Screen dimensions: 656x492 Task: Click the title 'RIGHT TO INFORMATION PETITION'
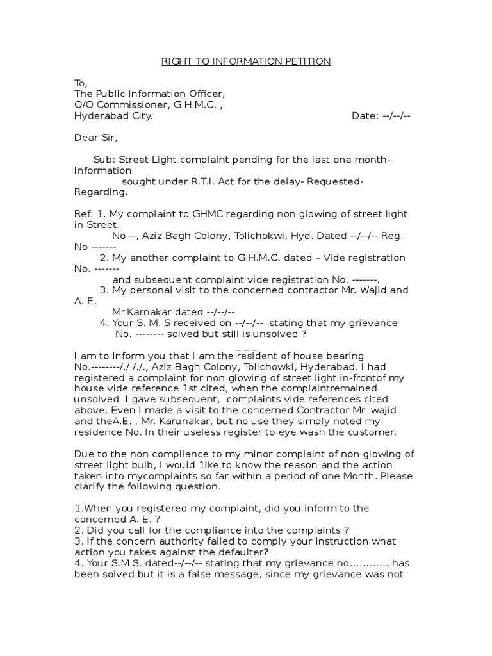click(x=245, y=61)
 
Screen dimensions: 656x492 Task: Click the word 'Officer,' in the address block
click(x=206, y=94)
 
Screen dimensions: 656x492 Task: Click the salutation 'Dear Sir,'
click(x=96, y=138)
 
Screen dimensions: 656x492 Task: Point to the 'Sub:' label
click(x=105, y=160)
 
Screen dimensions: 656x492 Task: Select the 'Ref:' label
click(x=84, y=214)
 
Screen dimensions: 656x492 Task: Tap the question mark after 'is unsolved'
click(x=295, y=334)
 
